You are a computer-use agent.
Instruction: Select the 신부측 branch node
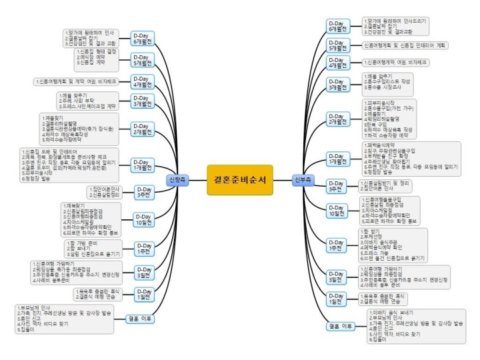point(303,180)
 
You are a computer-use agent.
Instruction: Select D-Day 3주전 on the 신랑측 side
point(143,192)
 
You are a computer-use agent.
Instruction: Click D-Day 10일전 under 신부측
point(339,210)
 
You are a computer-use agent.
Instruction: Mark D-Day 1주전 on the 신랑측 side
point(143,247)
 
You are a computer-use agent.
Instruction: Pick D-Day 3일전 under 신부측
point(339,275)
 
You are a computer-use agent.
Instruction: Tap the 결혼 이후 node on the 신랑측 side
point(139,319)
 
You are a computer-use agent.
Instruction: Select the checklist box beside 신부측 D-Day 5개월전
point(407,45)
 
